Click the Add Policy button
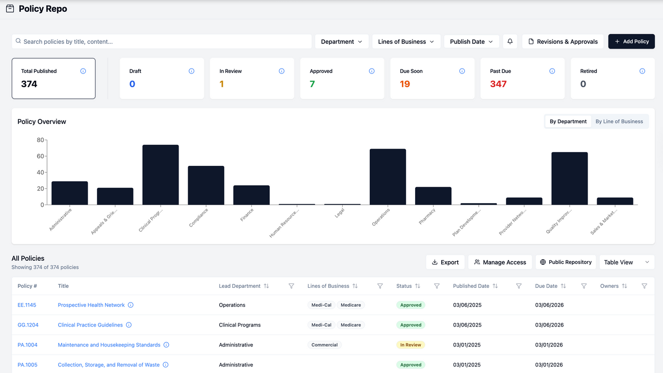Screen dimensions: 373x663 (631, 41)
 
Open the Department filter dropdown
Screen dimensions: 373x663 (342, 41)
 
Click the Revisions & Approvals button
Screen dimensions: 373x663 (563, 41)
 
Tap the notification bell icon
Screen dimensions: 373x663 (510, 41)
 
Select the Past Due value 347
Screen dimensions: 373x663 (498, 84)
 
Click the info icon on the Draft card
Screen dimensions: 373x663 (191, 71)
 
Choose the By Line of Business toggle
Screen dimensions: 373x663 (619, 121)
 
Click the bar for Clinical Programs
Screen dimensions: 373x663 (161, 175)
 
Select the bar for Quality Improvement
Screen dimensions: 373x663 (569, 179)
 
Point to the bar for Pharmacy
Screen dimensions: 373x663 (433, 196)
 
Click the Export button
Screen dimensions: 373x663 (445, 262)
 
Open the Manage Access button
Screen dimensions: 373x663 (500, 262)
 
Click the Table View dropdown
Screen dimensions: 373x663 (627, 262)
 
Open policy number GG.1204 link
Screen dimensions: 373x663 (28, 325)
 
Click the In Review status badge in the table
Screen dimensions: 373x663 (411, 345)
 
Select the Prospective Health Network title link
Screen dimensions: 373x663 (91, 305)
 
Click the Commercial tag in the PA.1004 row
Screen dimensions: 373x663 (324, 345)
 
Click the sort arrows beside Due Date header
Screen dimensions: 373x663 (563, 286)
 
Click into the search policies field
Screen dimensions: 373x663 (163, 41)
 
